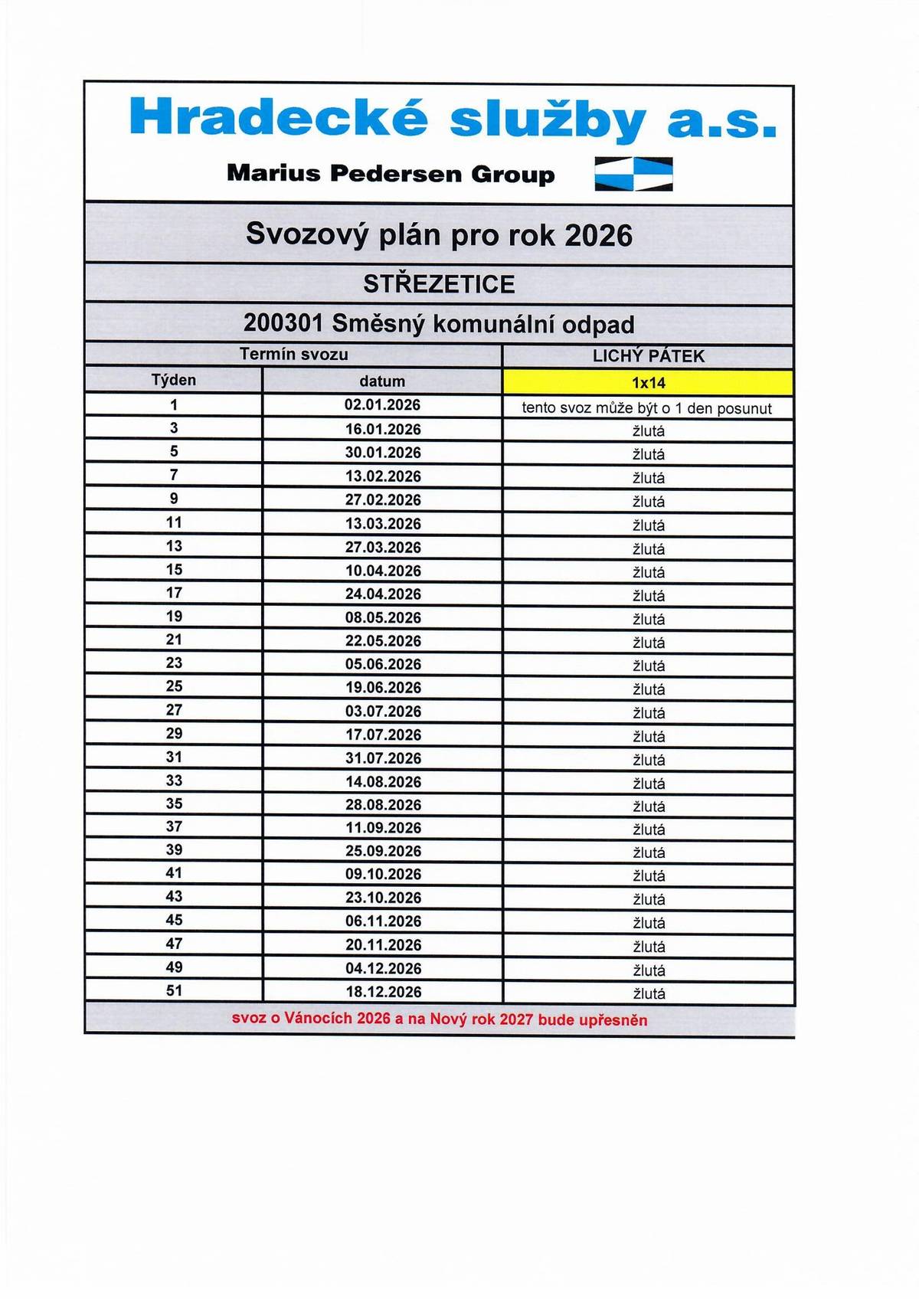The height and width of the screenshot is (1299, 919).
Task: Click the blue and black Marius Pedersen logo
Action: (633, 173)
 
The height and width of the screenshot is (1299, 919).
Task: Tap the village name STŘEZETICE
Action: (439, 284)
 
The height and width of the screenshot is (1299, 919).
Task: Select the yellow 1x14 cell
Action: (648, 382)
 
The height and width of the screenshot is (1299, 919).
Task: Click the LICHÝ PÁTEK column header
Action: (648, 356)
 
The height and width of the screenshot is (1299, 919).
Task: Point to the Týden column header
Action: (174, 381)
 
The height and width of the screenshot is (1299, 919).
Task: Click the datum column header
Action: (382, 381)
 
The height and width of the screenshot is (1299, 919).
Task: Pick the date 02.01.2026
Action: (382, 405)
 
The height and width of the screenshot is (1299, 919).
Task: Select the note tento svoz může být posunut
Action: (647, 408)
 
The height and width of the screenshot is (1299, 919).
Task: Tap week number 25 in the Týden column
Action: (174, 686)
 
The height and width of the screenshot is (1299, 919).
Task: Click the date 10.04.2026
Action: (383, 571)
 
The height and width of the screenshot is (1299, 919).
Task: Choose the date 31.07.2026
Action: (383, 758)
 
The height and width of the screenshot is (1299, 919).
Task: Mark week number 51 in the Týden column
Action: (174, 990)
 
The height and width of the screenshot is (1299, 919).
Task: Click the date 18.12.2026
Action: (383, 992)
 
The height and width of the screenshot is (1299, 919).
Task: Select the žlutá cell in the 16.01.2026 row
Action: (649, 431)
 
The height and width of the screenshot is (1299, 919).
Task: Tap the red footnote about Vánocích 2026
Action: (440, 1019)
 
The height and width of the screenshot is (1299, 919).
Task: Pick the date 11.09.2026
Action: (383, 828)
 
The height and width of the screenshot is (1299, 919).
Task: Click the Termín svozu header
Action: (293, 355)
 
